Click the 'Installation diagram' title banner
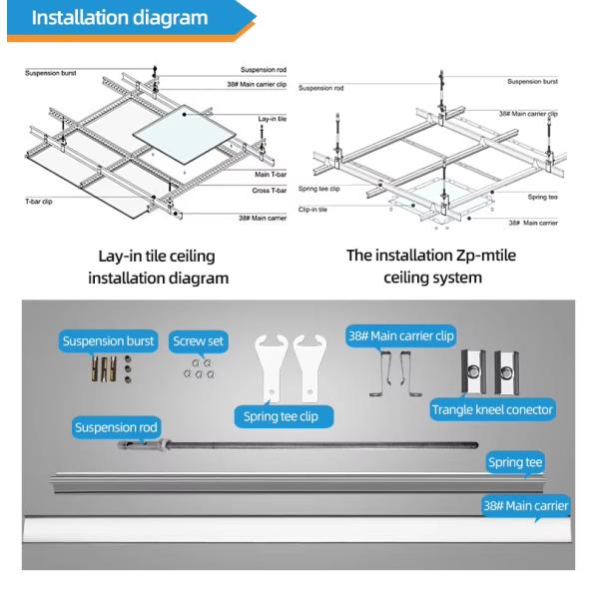[x=120, y=18]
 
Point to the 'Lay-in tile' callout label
[x=273, y=119]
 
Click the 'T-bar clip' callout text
[x=39, y=201]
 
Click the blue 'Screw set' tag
[x=199, y=341]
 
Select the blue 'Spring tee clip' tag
[x=284, y=415]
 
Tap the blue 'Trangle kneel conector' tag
[x=492, y=409]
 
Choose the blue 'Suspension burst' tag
[x=109, y=341]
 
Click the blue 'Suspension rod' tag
[x=116, y=427]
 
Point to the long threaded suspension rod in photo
[x=299, y=442]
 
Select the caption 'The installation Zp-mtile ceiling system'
[x=432, y=266]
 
